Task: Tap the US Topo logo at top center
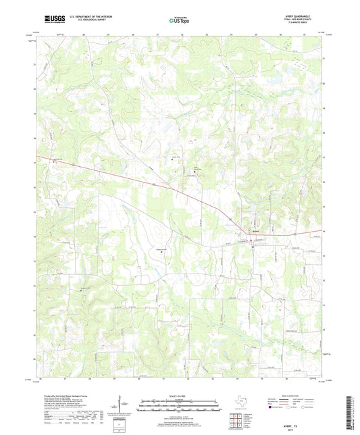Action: [x=179, y=20]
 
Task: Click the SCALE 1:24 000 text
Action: [x=179, y=396]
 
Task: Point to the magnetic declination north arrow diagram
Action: [x=120, y=405]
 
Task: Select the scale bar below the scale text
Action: [x=179, y=405]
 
